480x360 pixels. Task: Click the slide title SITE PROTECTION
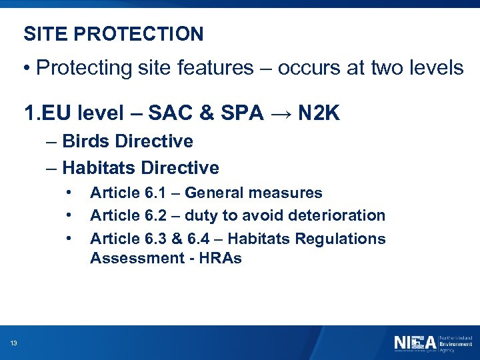coord(113,34)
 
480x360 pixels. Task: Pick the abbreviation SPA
coord(242,115)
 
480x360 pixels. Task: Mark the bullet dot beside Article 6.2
coord(69,216)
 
